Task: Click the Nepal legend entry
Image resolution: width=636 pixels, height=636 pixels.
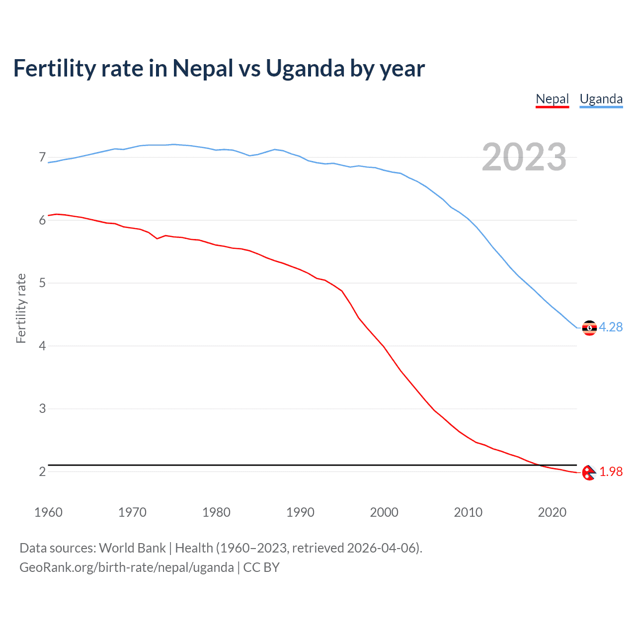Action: pyautogui.click(x=552, y=99)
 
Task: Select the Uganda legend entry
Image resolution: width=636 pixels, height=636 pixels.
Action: pyautogui.click(x=601, y=99)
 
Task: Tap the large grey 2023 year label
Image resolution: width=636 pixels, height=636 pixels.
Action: pyautogui.click(x=524, y=157)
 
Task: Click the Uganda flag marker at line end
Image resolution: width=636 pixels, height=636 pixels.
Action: pyautogui.click(x=589, y=328)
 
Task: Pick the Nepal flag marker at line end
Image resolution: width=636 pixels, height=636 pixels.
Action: pyautogui.click(x=589, y=473)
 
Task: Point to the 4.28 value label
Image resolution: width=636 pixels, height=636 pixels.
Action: pyautogui.click(x=611, y=327)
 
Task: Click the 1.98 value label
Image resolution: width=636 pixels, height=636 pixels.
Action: pyautogui.click(x=611, y=472)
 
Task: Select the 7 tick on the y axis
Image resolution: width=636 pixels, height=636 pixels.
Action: pyautogui.click(x=42, y=158)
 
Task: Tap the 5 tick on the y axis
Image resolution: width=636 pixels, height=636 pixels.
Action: pyautogui.click(x=42, y=283)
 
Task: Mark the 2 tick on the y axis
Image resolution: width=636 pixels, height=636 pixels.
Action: pyautogui.click(x=42, y=472)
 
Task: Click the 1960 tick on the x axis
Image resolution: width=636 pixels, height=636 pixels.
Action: pyautogui.click(x=48, y=512)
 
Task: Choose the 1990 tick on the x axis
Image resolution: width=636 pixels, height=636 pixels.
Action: pyautogui.click(x=300, y=512)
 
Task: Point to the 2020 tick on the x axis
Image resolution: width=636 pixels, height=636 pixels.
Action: pyautogui.click(x=552, y=512)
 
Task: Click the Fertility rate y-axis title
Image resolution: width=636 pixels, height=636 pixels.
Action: pyautogui.click(x=21, y=308)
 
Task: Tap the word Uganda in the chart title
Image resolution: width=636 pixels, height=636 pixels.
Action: pyautogui.click(x=305, y=69)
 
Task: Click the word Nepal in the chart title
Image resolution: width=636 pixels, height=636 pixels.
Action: pyautogui.click(x=203, y=69)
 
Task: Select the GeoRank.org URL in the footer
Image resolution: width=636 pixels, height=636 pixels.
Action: pyautogui.click(x=126, y=567)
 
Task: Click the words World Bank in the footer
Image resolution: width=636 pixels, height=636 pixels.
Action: pyautogui.click(x=132, y=548)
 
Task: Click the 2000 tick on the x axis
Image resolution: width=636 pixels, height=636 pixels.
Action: pyautogui.click(x=384, y=512)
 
